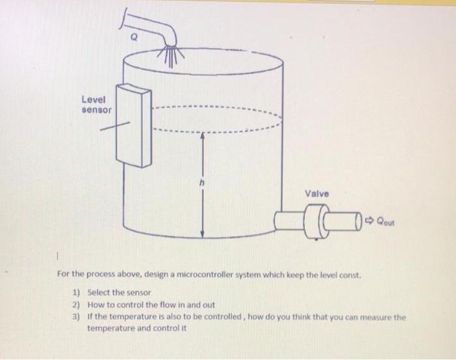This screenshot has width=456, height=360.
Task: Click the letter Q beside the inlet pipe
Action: (134, 37)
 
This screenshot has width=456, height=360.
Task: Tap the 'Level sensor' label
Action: (96, 105)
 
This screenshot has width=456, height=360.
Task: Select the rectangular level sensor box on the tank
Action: (134, 126)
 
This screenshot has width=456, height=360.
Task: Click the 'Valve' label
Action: (317, 193)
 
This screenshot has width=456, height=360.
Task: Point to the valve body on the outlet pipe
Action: (317, 221)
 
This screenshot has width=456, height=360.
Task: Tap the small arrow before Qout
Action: (369, 221)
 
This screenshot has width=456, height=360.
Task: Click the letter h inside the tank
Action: (202, 183)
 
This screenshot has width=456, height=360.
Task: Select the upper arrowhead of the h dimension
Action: (203, 136)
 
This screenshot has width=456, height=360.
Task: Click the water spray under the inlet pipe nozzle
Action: (171, 55)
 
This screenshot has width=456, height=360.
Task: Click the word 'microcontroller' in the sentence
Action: (205, 274)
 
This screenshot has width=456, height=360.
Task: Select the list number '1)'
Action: (76, 292)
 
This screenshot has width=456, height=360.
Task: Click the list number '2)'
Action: (76, 305)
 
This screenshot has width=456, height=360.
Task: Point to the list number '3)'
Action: (76, 316)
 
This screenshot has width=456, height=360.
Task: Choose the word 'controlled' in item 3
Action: (223, 316)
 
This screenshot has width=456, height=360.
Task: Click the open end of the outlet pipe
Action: (358, 221)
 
